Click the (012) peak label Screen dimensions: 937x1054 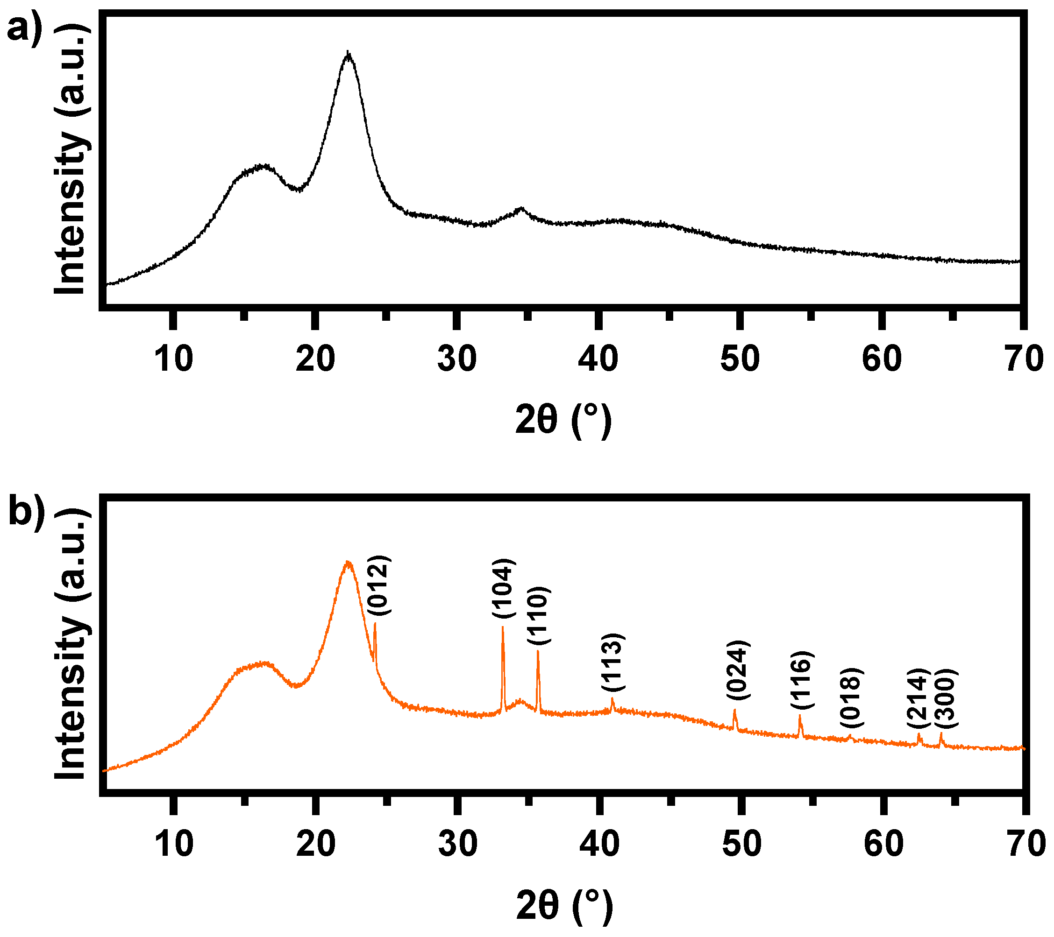379,585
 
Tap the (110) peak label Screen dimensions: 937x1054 539,615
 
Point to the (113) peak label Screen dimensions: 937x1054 613,662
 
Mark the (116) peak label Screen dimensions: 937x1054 802,680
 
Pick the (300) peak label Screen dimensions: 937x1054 946,698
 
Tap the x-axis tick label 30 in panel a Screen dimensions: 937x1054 457,359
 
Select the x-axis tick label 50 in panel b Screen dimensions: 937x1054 741,844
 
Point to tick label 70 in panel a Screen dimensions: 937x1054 1024,359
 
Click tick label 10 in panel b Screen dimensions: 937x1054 174,844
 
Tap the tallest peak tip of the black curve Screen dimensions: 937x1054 349,53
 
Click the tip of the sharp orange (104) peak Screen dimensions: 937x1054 503,628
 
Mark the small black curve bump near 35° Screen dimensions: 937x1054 522,209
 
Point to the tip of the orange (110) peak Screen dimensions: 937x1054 538,651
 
